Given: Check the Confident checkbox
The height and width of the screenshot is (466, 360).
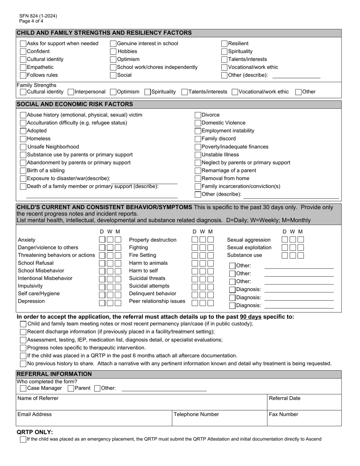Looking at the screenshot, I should tap(23, 52).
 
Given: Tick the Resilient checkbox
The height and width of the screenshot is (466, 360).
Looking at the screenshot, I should tap(224, 44).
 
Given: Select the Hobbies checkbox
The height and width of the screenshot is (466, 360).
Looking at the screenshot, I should tap(113, 52).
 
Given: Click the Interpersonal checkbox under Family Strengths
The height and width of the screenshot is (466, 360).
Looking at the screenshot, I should tap(71, 92).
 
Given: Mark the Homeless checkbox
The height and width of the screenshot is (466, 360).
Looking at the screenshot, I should tap(23, 139).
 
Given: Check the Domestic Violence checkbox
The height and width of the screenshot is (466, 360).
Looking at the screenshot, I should tap(198, 123).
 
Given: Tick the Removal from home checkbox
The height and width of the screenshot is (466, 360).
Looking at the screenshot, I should tap(198, 178).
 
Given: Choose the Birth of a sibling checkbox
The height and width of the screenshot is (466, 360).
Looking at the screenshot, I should tap(23, 170).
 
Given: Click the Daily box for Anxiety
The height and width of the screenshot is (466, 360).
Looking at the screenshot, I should tap(102, 240).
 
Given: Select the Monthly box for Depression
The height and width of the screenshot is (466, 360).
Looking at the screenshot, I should tap(118, 303).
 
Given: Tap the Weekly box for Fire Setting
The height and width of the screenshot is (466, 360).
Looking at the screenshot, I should tap(203, 255).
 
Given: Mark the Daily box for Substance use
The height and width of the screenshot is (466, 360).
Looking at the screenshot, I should tap(285, 255).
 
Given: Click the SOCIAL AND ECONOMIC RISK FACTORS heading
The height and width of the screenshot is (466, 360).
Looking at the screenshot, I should tap(75, 104).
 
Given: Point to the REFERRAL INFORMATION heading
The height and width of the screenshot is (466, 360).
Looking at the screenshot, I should tap(54, 374).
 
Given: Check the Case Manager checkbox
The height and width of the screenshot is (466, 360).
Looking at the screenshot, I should tap(23, 388).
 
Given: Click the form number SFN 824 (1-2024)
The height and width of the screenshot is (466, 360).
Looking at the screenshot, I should tap(38, 16).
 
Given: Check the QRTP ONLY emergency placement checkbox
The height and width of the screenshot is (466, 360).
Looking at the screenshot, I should tap(23, 439).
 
